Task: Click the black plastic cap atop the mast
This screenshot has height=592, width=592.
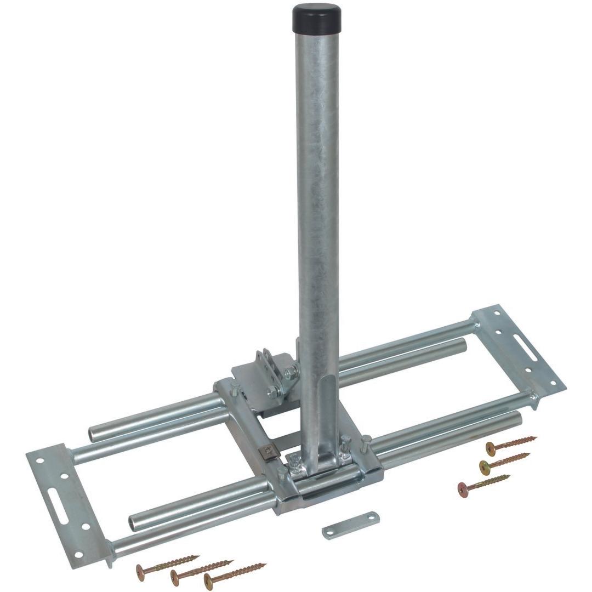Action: click(316, 18)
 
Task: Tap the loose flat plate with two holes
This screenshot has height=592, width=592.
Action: click(351, 525)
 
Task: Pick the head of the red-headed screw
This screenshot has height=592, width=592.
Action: click(463, 488)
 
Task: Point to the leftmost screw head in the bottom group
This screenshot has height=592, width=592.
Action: click(141, 571)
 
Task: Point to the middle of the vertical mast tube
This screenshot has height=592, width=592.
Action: click(317, 219)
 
